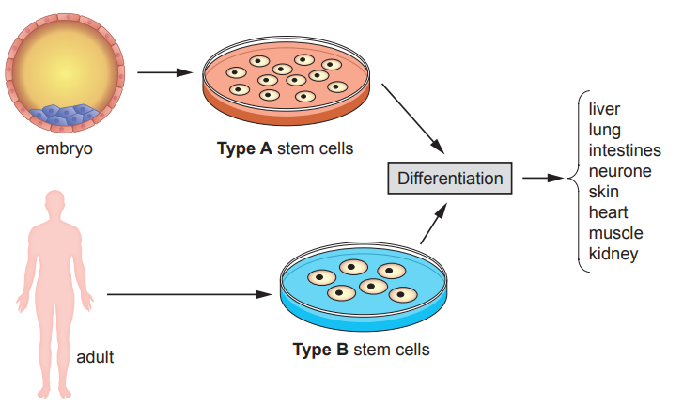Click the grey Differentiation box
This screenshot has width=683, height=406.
point(450,178)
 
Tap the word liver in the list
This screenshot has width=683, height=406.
point(604,110)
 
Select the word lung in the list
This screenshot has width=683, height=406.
point(604,130)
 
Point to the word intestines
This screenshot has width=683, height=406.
point(625,150)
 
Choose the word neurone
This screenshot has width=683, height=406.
point(619,171)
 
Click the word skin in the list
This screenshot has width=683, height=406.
point(603,192)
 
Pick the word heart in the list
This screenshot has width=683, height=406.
point(608,212)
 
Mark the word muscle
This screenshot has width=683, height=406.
point(615,233)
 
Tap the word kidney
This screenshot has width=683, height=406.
point(613,254)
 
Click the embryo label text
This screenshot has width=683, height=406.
point(64,148)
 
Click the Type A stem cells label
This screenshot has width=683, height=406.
point(286,148)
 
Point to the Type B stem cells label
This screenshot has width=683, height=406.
point(362,350)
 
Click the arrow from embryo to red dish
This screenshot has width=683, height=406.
point(165,71)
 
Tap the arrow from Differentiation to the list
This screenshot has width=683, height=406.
point(541,178)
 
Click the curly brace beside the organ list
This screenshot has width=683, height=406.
point(574,178)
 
